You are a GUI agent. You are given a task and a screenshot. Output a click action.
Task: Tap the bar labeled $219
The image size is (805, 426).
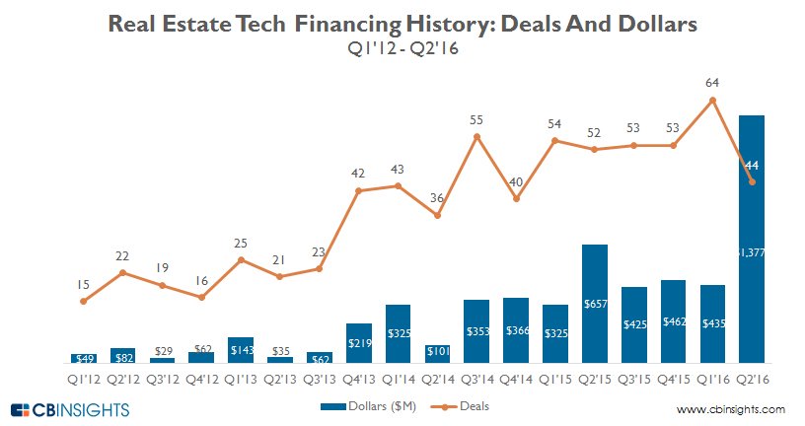(x=359, y=343)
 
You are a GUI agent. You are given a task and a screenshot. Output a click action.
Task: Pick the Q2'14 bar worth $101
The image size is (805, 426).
(x=438, y=354)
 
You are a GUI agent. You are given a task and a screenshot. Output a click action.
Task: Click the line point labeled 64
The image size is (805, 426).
(x=713, y=101)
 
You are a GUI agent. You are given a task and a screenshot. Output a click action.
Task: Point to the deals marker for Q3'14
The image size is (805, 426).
(x=477, y=137)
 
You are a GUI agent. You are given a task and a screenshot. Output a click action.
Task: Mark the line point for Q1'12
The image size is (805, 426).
(x=84, y=301)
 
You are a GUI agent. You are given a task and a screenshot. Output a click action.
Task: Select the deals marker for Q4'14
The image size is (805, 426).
(x=517, y=199)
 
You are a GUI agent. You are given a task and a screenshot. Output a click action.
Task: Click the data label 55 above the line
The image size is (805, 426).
(x=476, y=120)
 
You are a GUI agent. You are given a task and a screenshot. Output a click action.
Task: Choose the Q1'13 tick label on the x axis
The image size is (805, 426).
(x=241, y=375)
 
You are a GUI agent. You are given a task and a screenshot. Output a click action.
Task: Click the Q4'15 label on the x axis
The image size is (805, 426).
(x=674, y=375)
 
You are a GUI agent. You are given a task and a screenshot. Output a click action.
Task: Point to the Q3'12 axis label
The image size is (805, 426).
(x=162, y=375)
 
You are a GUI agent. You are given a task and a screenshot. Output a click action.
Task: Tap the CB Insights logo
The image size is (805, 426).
(x=69, y=409)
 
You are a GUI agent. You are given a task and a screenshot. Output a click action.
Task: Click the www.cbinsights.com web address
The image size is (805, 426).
(x=731, y=409)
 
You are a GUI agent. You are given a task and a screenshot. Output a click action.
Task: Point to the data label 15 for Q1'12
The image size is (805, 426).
(x=84, y=284)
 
